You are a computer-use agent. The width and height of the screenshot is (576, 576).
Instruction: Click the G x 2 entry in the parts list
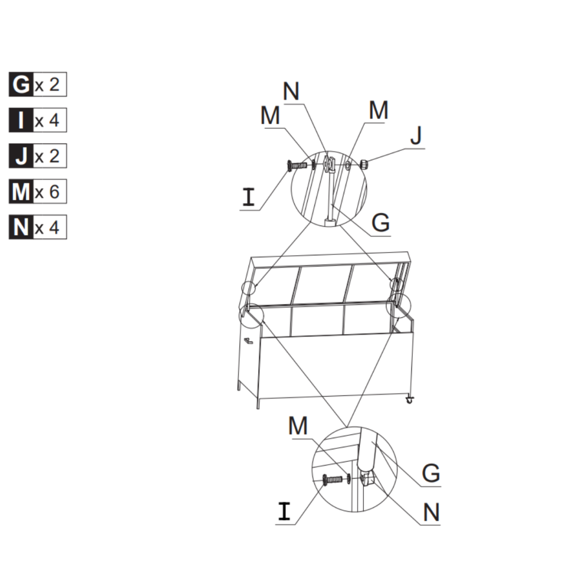point(38,85)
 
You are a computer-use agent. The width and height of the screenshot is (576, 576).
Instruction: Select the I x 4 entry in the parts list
point(38,120)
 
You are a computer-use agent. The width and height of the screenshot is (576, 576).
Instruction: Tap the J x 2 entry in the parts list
point(38,156)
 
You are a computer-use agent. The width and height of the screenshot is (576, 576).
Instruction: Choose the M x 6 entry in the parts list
point(38,192)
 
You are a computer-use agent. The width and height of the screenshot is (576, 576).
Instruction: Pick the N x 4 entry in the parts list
point(38,227)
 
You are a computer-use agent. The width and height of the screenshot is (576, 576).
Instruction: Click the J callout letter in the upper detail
point(416,136)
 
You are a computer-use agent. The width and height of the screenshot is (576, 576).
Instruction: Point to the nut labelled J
point(363,165)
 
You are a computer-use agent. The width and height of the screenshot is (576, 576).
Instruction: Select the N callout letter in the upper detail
point(291,92)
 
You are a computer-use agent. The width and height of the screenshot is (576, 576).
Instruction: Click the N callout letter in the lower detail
point(430,512)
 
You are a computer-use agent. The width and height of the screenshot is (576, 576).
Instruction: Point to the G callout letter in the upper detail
point(381,223)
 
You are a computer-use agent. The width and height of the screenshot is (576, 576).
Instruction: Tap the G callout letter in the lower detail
point(430,473)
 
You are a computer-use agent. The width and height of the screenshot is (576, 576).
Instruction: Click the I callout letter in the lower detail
point(285,511)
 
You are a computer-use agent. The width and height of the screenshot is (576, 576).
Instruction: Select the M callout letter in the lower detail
point(298,426)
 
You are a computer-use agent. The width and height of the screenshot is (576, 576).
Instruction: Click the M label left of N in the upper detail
point(270,116)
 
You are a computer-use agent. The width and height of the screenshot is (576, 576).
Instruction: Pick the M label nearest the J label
point(378,111)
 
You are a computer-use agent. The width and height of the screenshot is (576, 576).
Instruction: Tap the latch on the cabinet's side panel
point(247,339)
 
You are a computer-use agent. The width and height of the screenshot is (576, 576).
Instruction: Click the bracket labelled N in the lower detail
point(369,480)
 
